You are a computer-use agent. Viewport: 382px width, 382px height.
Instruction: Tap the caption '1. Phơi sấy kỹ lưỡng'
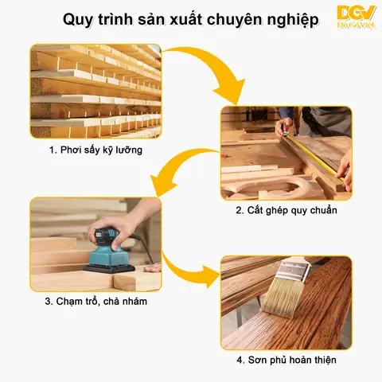[95, 150]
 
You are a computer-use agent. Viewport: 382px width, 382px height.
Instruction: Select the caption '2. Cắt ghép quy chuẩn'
[286, 211]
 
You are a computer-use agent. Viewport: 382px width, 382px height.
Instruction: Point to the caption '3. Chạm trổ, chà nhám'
[95, 302]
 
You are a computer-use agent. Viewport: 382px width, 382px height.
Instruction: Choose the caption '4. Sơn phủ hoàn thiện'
[286, 360]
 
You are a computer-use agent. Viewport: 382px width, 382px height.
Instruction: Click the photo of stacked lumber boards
[95, 91]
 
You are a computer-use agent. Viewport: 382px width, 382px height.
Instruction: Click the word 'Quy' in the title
[79, 18]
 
